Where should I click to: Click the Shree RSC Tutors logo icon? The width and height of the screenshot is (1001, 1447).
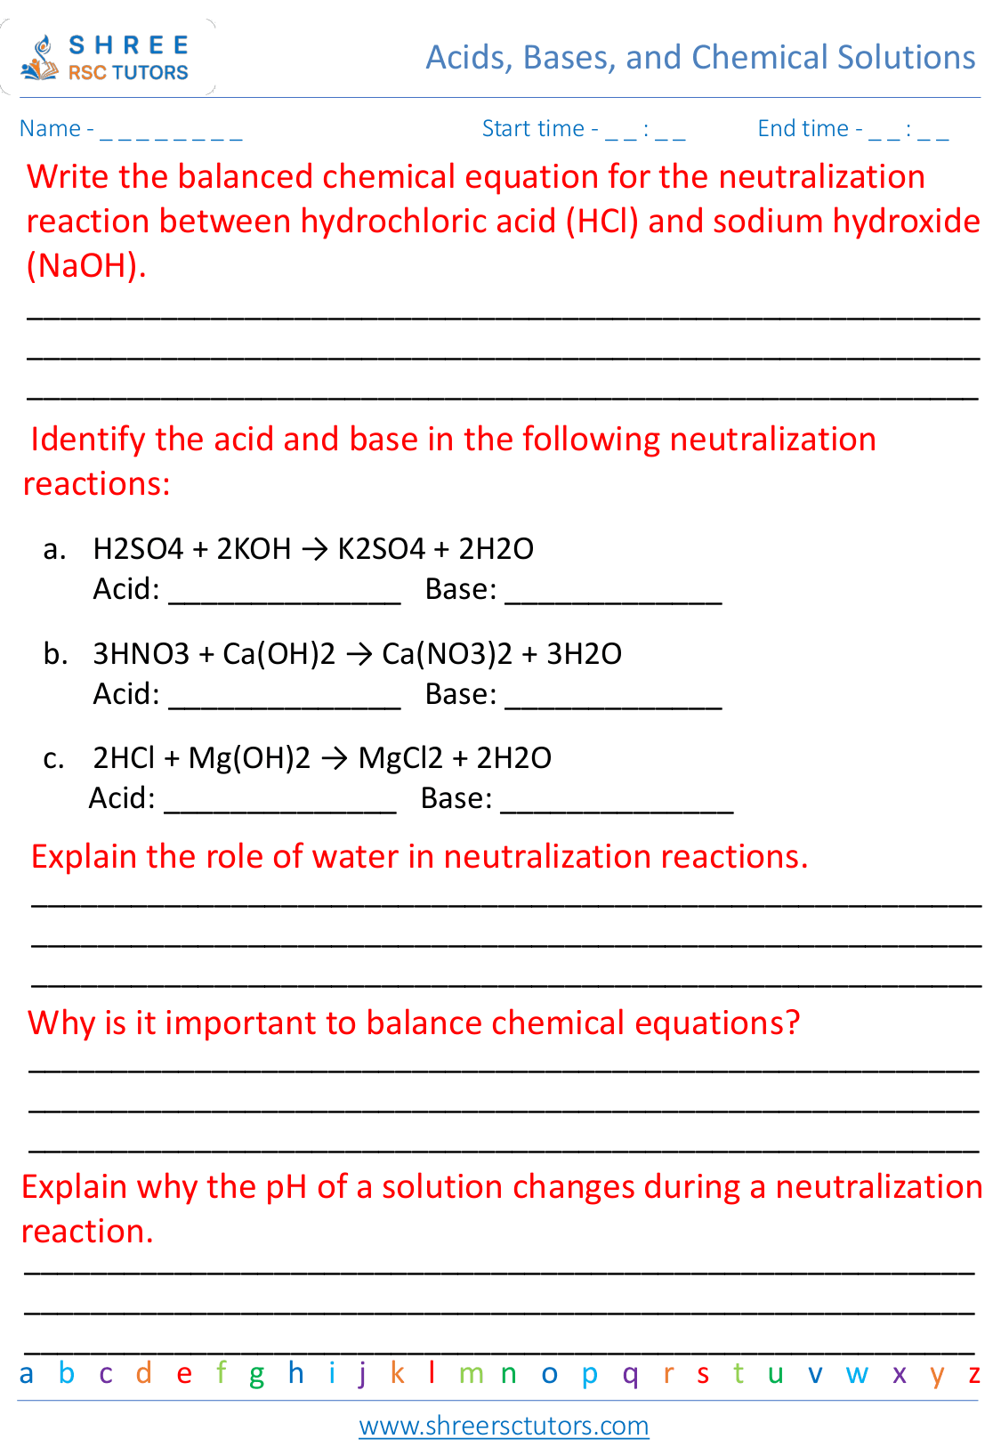click(40, 59)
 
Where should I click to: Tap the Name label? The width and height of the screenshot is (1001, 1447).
click(50, 129)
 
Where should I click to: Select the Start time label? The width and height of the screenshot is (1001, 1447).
click(533, 129)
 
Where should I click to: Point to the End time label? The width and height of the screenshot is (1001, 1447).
click(803, 129)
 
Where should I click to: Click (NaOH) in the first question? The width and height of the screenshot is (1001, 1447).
click(85, 265)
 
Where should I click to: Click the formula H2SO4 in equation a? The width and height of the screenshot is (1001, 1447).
click(138, 549)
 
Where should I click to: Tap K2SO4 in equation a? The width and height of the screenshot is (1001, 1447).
click(382, 549)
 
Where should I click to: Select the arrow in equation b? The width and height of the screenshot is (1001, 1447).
click(359, 655)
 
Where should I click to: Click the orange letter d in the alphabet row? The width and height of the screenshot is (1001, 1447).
click(144, 1373)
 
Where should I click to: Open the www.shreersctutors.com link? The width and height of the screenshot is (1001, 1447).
click(504, 1426)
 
